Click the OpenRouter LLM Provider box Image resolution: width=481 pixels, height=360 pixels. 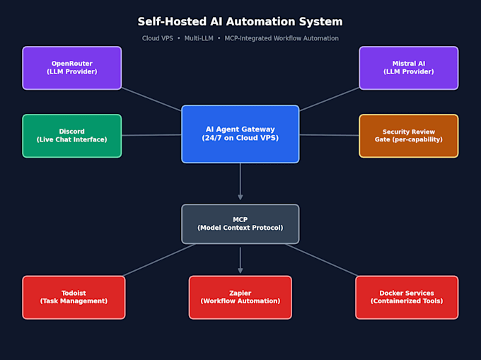71,68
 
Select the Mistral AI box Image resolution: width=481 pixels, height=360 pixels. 409,68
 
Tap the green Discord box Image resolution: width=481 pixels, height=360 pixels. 71,136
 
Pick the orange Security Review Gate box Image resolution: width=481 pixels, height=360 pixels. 409,136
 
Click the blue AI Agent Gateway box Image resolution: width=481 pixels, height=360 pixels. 240,134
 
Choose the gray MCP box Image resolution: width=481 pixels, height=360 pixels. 240,223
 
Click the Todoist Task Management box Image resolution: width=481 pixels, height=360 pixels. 74,297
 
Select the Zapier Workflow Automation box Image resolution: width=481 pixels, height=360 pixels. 240,297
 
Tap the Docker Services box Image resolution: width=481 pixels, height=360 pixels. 407,297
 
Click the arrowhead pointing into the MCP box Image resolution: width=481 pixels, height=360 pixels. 240,197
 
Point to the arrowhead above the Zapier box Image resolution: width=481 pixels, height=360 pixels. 240,270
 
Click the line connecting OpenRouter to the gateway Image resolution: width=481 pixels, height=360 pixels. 151,99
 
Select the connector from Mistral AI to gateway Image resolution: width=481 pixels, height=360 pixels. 329,99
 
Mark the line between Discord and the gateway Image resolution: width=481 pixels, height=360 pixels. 151,135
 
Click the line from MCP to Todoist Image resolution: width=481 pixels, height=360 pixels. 160,260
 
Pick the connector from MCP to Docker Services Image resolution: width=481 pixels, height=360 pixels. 321,260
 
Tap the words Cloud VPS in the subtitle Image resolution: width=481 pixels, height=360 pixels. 157,38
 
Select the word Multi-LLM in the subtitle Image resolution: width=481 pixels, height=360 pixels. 199,38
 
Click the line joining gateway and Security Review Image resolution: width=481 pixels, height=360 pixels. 329,135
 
